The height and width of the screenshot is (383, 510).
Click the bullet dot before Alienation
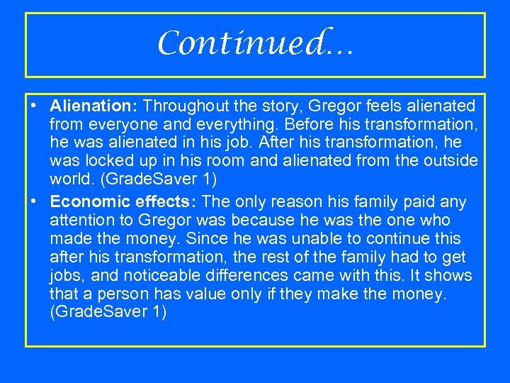point(35,106)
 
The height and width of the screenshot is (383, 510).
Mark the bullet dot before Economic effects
point(35,202)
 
